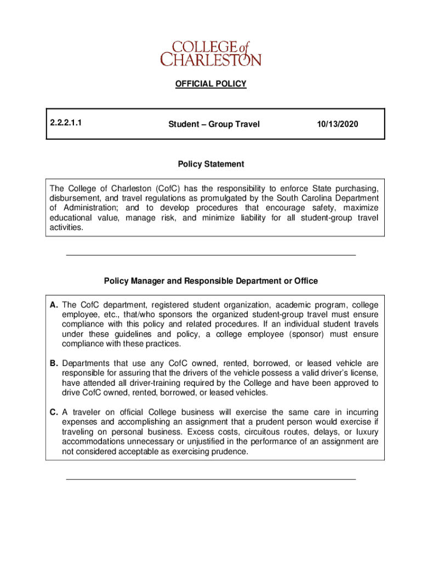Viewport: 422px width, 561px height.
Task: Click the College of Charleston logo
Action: (210, 53)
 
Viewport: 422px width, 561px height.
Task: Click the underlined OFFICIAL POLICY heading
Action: (210, 84)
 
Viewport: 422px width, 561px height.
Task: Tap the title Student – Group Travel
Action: (214, 124)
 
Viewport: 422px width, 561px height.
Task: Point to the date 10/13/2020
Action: (337, 124)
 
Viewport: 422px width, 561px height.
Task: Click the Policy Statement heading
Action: (210, 164)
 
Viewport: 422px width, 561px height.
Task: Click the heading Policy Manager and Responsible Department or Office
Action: (210, 281)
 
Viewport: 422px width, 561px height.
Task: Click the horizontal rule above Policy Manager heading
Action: (210, 255)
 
